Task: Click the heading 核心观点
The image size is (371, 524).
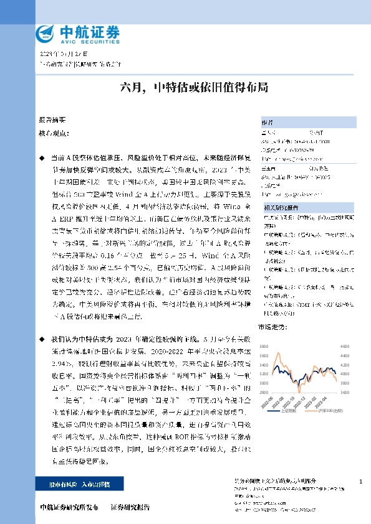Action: pyautogui.click(x=52, y=133)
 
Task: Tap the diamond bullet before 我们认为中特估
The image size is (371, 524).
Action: pyautogui.click(x=42, y=339)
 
